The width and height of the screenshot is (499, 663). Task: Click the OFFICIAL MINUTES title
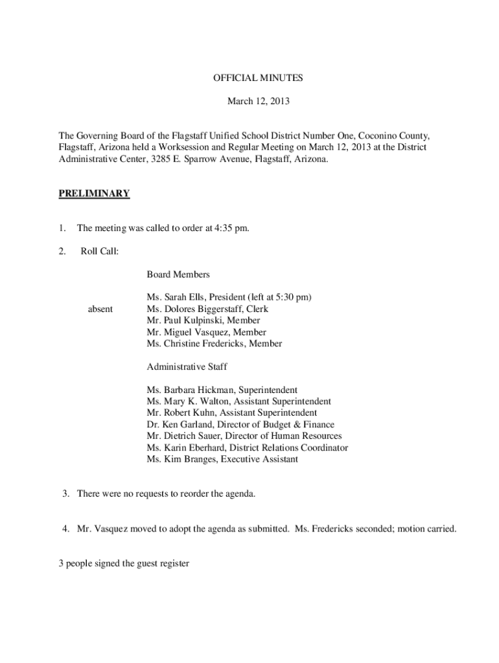pos(258,78)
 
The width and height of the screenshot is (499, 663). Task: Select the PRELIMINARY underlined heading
pos(95,194)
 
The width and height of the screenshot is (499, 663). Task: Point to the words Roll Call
pos(99,251)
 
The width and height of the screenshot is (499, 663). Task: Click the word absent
pos(100,309)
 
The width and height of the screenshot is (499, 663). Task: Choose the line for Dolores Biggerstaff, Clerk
pos(207,309)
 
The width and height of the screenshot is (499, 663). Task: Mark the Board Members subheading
pos(178,275)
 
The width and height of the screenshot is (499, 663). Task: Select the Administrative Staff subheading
pos(187,367)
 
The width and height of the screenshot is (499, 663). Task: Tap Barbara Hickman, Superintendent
pos(222,390)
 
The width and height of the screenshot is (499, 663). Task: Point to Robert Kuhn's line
pos(232,413)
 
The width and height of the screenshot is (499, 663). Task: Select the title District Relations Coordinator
pos(294,448)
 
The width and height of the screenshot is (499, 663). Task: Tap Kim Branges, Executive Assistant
pos(222,460)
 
